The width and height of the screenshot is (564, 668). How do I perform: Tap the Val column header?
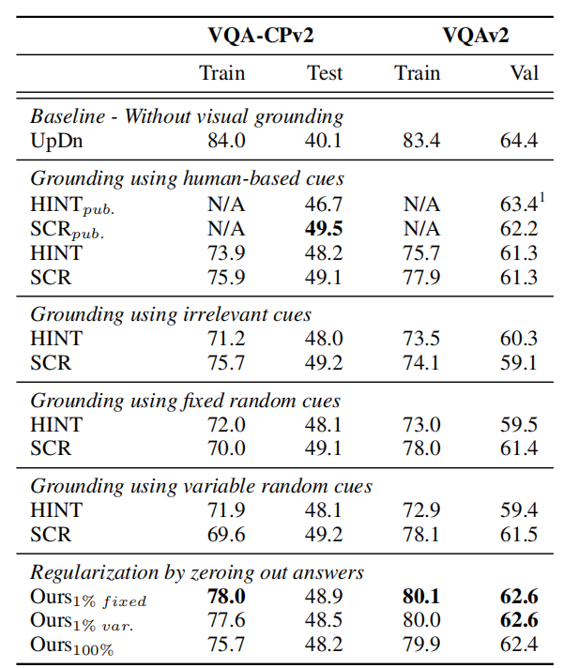point(524,73)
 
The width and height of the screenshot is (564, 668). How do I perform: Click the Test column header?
point(325,73)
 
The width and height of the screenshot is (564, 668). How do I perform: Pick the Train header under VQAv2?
point(418,73)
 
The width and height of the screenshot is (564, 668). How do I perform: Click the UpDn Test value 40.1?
point(325,141)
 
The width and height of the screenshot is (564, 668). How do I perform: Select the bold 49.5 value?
point(325,228)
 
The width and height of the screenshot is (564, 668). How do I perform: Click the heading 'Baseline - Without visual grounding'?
point(187,117)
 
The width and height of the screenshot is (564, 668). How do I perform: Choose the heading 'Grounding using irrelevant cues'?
point(171,314)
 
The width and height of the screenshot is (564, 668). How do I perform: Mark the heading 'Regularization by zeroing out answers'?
point(197,572)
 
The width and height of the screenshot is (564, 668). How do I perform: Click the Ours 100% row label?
point(71,646)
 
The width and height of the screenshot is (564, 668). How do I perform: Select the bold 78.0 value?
point(225,598)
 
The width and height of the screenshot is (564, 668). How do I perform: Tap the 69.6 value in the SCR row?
point(225,535)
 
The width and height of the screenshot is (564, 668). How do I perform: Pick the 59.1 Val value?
point(519,362)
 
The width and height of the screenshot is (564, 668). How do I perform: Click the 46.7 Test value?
point(325,204)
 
